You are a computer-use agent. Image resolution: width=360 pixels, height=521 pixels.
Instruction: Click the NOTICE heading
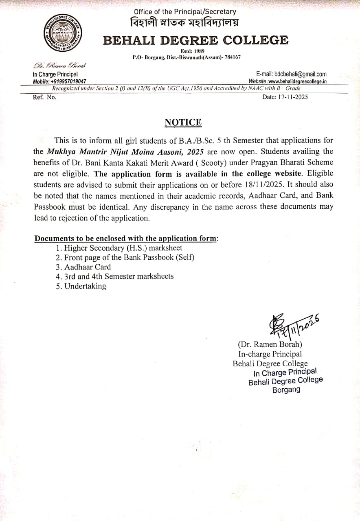(x=183, y=123)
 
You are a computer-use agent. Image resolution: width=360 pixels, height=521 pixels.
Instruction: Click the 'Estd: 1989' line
(x=193, y=51)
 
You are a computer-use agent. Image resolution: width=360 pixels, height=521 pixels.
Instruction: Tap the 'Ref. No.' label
(x=44, y=97)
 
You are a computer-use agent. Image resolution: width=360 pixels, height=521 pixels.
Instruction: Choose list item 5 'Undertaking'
(x=81, y=286)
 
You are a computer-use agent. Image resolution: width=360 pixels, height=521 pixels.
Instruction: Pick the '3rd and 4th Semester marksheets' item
(x=114, y=276)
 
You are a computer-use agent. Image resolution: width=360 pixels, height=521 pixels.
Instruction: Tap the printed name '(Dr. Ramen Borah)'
(x=270, y=344)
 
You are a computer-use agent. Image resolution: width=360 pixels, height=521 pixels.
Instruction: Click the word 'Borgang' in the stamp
(x=286, y=390)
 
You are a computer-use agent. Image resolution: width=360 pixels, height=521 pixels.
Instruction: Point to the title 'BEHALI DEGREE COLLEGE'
(x=195, y=40)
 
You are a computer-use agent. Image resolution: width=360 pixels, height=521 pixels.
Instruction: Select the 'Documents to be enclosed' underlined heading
(x=125, y=239)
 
